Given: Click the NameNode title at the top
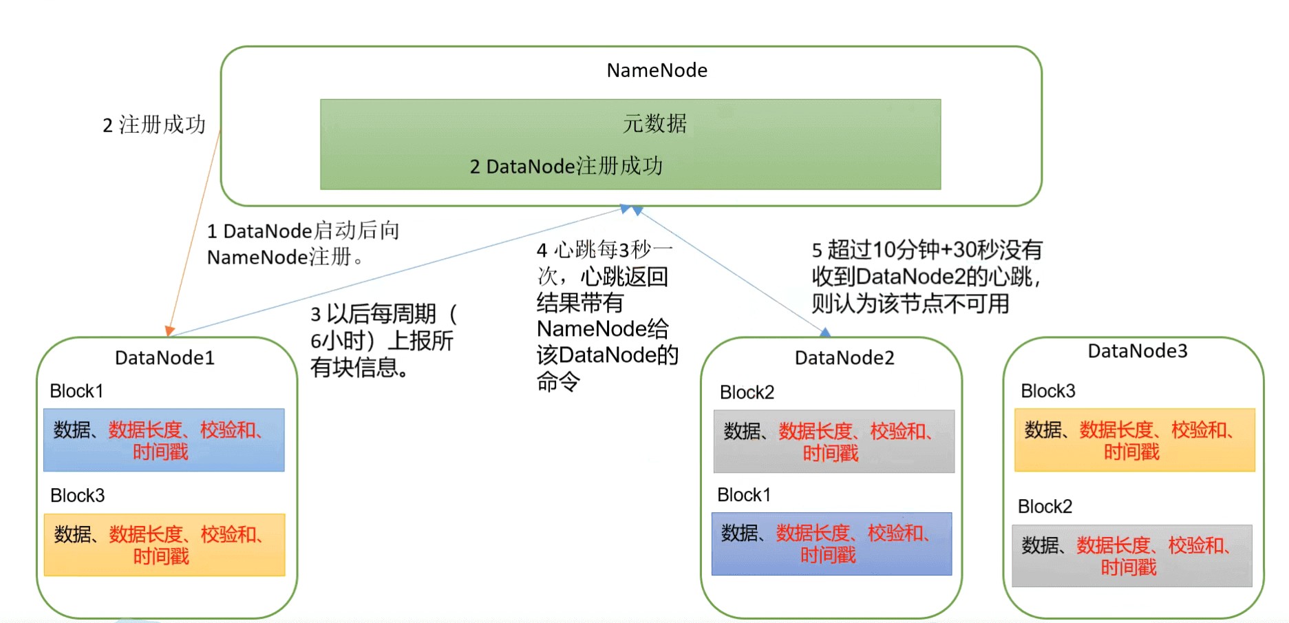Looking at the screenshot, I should tap(657, 70).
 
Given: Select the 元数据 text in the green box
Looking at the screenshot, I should tap(654, 124).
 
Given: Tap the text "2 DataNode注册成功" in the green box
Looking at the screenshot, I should tap(566, 166).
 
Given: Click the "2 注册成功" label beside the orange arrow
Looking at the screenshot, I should tap(153, 125).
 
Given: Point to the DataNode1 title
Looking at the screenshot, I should tap(164, 358).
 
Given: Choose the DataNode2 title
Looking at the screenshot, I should tap(844, 358).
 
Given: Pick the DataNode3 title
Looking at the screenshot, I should tap(1138, 351).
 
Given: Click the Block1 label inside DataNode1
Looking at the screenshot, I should tap(76, 391).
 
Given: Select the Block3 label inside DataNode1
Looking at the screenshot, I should tap(77, 496).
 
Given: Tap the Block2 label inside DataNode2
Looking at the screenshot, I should tap(747, 392).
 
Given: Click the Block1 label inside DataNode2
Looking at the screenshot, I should tap(743, 495).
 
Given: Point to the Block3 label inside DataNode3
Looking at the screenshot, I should tap(1047, 391).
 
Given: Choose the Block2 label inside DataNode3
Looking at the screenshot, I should tap(1045, 507).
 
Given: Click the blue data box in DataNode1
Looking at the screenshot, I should tap(164, 440).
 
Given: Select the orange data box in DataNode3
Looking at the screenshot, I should tap(1134, 440).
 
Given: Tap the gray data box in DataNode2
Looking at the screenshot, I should tap(833, 441).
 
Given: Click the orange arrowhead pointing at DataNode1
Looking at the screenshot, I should tap(169, 330).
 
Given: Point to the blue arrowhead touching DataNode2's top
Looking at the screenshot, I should tap(825, 332).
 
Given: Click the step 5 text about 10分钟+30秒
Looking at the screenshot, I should tap(926, 276).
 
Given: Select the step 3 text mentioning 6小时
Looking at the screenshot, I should tap(383, 340).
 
